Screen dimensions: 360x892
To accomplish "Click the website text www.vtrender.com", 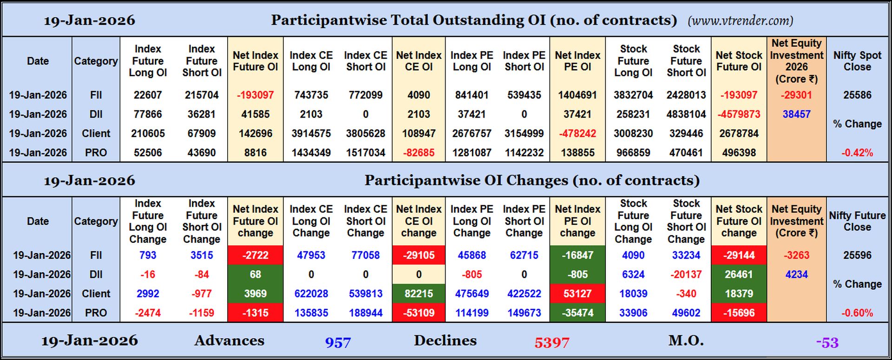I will pos(740,21).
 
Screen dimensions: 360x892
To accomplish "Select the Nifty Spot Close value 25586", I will pos(857,95).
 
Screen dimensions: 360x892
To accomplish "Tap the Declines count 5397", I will pos(551,343).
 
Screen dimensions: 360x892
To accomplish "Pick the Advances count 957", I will pos(338,343).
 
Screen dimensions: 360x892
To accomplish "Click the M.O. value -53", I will pos(827,343).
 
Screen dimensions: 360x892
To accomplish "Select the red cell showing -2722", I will pos(255,255).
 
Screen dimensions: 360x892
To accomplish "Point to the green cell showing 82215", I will pos(419,294).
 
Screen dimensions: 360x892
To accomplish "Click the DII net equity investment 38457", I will pos(796,114).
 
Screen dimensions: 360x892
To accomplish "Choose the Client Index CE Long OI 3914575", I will pos(311,134).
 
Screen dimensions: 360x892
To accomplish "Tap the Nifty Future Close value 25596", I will pos(857,255).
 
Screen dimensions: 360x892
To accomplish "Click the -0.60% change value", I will pos(857,313).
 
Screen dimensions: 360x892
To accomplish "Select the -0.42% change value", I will pos(857,153).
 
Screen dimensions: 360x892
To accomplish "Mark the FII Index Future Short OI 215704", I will pos(202,95).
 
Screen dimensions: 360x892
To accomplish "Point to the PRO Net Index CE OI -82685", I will pos(419,153).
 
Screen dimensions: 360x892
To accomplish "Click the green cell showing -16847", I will pos(577,255).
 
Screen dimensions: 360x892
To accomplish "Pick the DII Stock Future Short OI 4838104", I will pos(686,114).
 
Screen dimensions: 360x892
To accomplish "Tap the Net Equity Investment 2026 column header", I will pos(796,61).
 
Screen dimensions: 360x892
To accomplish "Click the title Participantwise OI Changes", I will pos(531,180).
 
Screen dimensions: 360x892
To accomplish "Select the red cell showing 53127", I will pos(577,294).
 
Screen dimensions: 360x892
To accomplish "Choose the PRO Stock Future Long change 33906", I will pos(633,313).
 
